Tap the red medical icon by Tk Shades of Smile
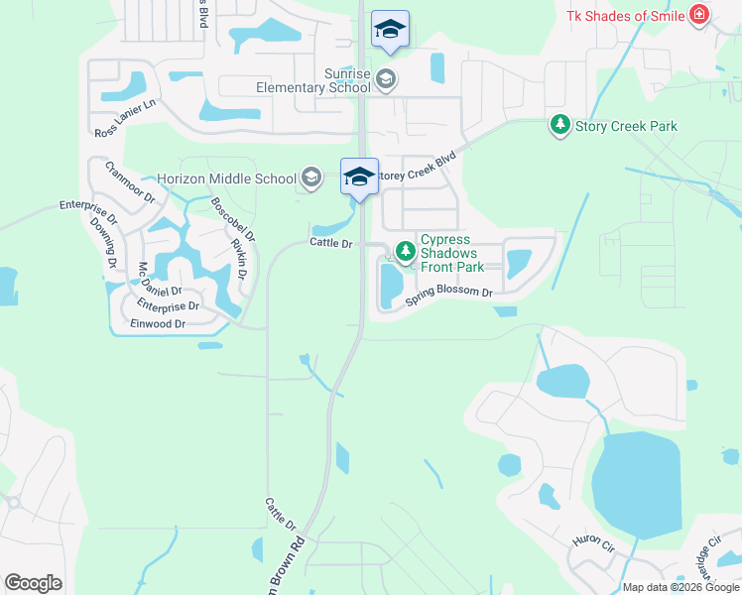pos(699,15)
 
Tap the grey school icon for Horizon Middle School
pos(311,178)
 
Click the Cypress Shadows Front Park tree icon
pos(405,252)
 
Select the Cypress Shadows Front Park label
pos(452,253)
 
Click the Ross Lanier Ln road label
pos(126,118)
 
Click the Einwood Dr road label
pos(157,324)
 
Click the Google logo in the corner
pos(33,583)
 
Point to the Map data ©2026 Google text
pos(680,587)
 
